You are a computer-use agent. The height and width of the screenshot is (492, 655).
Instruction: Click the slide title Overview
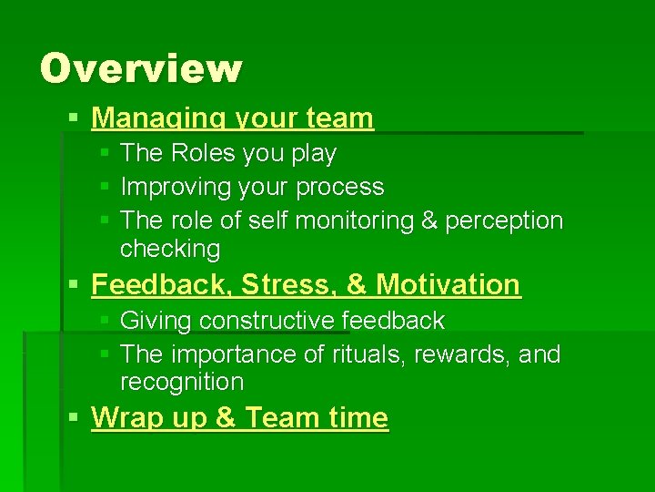141,68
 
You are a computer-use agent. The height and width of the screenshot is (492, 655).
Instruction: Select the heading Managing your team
232,118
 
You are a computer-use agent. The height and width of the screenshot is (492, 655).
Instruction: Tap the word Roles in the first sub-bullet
200,153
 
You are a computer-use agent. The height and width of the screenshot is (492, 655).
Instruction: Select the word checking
169,249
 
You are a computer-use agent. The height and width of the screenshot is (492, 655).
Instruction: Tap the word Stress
277,284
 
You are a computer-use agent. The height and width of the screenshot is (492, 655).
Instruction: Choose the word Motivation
448,284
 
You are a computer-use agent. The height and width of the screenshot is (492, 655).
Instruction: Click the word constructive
267,321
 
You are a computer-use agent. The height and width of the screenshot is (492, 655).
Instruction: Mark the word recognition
182,382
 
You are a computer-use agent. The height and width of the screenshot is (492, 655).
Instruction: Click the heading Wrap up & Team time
239,418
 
